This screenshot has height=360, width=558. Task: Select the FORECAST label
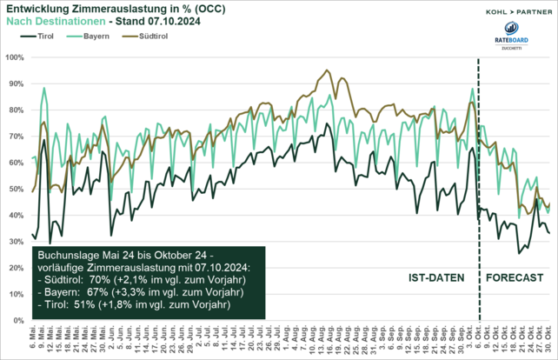tap(514, 277)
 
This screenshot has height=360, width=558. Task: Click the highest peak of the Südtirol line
tap(327, 70)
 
